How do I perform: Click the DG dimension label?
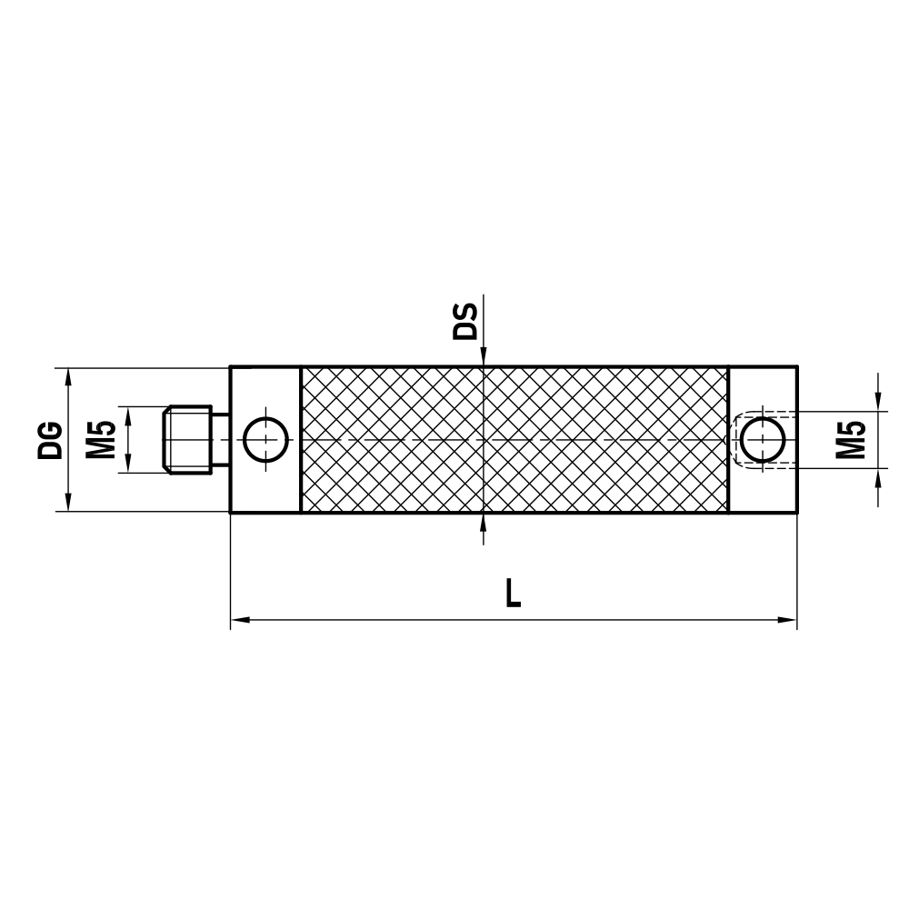51,440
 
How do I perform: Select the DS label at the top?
465,322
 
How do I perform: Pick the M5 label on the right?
850,440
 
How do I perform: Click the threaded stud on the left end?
188,440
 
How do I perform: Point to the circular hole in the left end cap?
265,440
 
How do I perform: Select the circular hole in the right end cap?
763,440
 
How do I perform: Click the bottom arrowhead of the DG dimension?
68,504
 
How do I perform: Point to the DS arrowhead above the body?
484,358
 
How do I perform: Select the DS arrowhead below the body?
484,522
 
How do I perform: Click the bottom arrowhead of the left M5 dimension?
128,464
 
